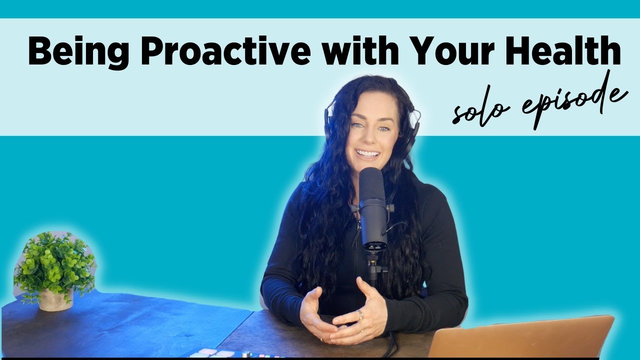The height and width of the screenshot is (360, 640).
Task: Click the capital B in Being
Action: tap(39, 52)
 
